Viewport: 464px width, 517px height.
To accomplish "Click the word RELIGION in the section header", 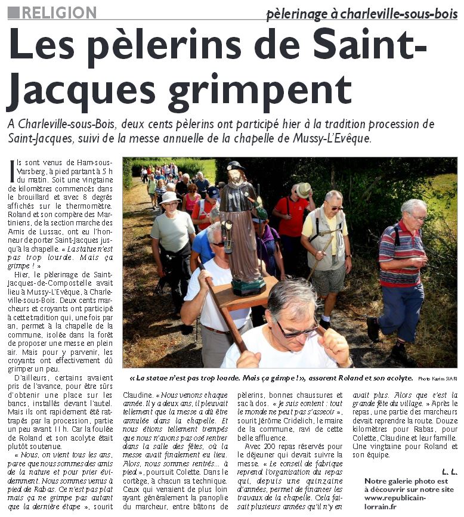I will (58, 12).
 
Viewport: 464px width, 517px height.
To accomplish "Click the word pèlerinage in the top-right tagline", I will (302, 13).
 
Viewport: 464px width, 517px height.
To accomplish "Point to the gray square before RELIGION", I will (13, 12).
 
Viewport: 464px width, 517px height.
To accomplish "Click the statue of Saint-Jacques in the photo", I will (239, 227).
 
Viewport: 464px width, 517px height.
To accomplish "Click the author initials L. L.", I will (449, 472).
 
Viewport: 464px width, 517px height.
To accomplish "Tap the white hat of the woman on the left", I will (169, 197).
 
